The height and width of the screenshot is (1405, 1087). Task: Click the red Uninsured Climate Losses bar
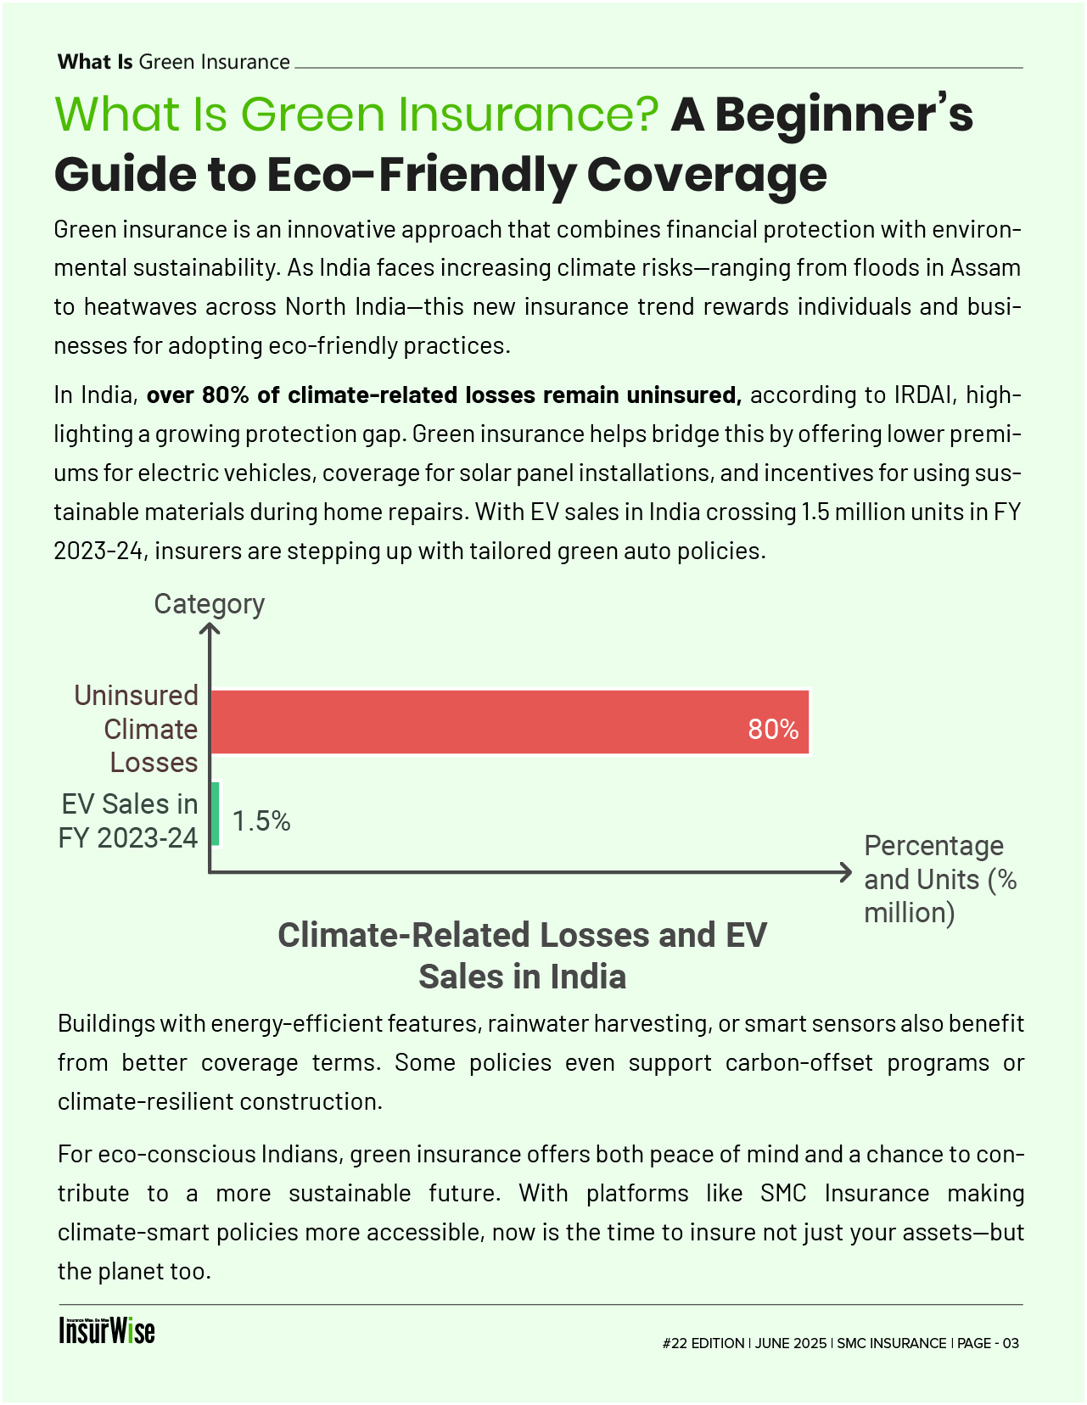point(509,721)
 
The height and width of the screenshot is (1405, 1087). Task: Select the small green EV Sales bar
point(216,814)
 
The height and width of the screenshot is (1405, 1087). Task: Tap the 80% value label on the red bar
point(773,730)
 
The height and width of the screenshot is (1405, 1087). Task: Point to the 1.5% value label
point(261,821)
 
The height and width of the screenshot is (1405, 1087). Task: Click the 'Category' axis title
point(209,604)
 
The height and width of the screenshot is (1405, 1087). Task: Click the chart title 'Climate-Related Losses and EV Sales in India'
point(522,955)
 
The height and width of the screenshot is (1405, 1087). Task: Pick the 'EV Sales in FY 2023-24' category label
point(128,820)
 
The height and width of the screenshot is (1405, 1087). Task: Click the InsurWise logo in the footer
point(107,1330)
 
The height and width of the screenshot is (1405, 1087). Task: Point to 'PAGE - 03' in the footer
point(988,1343)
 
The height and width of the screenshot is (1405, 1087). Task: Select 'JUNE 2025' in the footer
point(790,1343)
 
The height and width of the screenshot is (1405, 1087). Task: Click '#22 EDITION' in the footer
point(703,1343)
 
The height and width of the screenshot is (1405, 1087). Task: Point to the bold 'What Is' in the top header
point(95,62)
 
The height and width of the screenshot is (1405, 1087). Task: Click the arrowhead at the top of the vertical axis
point(209,629)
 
